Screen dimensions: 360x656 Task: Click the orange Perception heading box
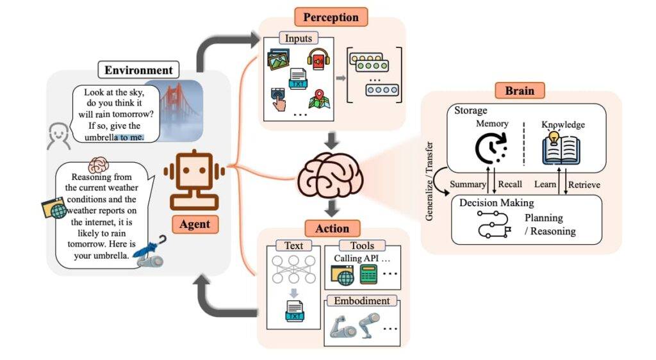[331, 16]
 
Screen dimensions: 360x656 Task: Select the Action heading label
[332, 228]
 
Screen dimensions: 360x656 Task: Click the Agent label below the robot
[195, 224]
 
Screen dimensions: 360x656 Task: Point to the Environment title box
[139, 70]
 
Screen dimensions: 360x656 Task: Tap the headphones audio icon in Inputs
[318, 60]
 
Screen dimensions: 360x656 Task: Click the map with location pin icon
[318, 99]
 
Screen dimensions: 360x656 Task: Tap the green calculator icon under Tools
[368, 275]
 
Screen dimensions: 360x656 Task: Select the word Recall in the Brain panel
[510, 184]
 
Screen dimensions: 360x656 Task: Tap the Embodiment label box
[361, 300]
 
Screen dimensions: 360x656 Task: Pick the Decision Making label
[496, 203]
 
